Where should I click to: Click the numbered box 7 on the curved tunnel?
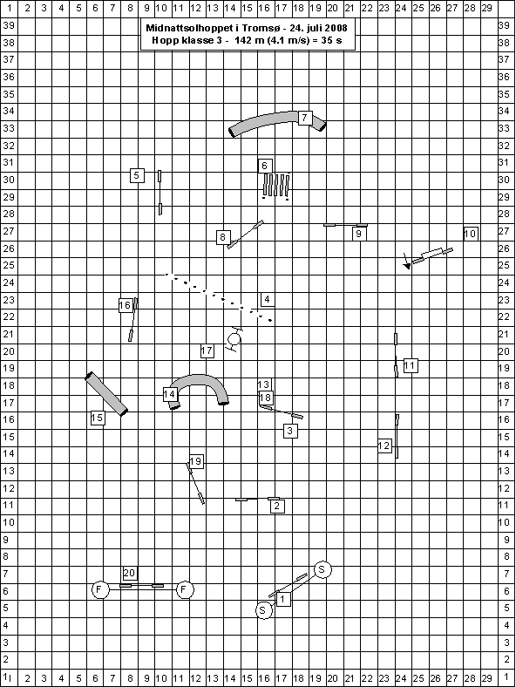coord(305,118)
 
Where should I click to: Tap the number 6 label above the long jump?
coord(265,166)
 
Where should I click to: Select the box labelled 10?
coord(471,234)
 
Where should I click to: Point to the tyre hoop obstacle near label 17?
coord(234,338)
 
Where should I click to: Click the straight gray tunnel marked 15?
coord(106,394)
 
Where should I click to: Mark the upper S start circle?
coord(322,569)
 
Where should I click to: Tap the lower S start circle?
coord(263,610)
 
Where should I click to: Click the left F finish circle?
coord(100,589)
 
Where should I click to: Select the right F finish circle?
coord(185,589)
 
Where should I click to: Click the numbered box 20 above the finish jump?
coord(130,573)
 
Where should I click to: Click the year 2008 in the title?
coord(336,28)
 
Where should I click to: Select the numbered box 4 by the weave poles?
coord(268,299)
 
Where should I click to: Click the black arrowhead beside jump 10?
coord(407,266)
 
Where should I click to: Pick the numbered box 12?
coord(384,446)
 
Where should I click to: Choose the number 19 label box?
coord(196,461)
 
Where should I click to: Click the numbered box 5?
coord(137,175)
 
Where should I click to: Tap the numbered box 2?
coord(277,506)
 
